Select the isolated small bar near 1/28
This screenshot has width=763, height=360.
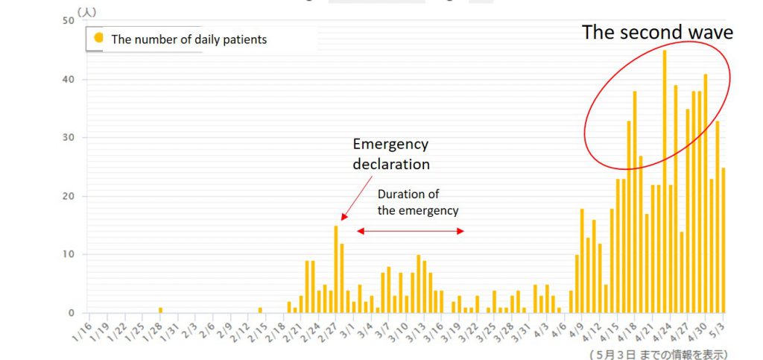click(x=160, y=310)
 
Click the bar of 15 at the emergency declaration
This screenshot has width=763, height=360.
click(x=336, y=268)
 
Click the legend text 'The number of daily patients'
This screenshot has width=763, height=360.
click(x=189, y=40)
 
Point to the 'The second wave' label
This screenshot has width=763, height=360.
click(x=657, y=32)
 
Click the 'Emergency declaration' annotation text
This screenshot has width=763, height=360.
click(x=390, y=153)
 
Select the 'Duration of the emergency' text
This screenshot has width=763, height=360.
click(x=417, y=202)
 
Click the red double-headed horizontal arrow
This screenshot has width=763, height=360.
click(x=411, y=231)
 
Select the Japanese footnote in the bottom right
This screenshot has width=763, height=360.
click(x=658, y=353)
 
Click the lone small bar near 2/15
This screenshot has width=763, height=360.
click(x=260, y=310)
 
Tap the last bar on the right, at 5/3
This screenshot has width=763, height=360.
click(x=723, y=240)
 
